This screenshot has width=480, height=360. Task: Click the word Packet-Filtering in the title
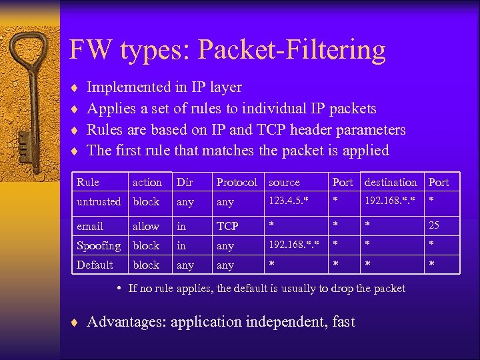[x=292, y=50]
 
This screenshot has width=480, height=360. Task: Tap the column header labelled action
[x=147, y=182]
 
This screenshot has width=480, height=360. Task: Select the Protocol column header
[x=237, y=182]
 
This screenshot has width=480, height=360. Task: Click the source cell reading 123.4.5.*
[x=289, y=201]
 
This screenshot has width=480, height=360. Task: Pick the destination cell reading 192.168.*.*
[x=391, y=201]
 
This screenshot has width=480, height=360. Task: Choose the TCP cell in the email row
[x=228, y=226]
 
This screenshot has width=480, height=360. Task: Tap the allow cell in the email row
[x=146, y=226]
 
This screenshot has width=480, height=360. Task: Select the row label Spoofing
[x=99, y=245]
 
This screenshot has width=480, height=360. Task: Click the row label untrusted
[x=99, y=201]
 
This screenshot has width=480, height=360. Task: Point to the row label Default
[x=95, y=265]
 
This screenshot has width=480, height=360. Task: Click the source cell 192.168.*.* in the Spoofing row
[x=293, y=245]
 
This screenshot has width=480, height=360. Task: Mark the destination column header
[x=391, y=182]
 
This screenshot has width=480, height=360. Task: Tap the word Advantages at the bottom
[x=126, y=322]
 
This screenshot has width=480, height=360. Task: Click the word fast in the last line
[x=343, y=322]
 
